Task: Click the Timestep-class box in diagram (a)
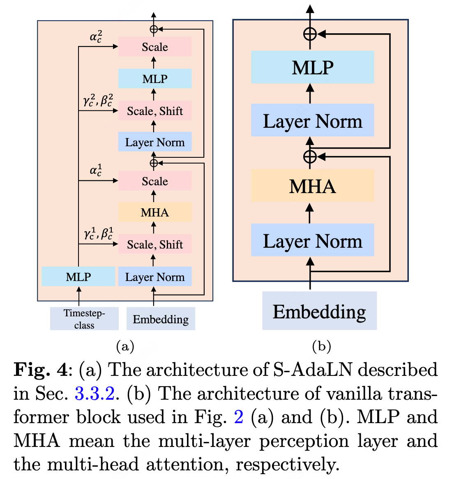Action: point(84,319)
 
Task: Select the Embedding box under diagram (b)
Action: point(319,311)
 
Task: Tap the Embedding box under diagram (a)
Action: point(161,319)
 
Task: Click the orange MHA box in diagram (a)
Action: point(155,212)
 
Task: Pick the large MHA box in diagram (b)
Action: point(312,186)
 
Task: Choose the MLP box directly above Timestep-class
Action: point(78,276)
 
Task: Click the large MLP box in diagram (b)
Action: point(312,67)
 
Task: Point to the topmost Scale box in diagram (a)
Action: point(155,47)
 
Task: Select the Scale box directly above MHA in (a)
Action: point(155,181)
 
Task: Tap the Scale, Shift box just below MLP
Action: point(155,111)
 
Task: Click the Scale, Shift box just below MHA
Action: point(155,244)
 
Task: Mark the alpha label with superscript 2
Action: point(96,37)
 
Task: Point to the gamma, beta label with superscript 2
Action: point(98,101)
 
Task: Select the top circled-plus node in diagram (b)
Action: point(310,34)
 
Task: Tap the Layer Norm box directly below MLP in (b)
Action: point(312,121)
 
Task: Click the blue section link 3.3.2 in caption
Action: point(95,394)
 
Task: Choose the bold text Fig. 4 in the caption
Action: point(40,370)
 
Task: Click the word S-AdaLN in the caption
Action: point(312,370)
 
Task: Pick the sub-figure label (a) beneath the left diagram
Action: point(125,346)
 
